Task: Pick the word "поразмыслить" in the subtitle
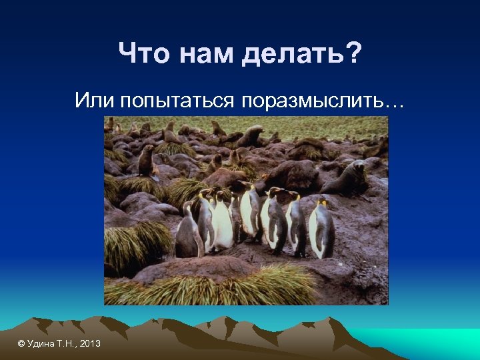tap(313, 101)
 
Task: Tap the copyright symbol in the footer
tap(21, 343)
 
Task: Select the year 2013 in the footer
tap(89, 343)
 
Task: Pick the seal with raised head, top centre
tap(252, 135)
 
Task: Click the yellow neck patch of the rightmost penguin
tap(323, 203)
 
